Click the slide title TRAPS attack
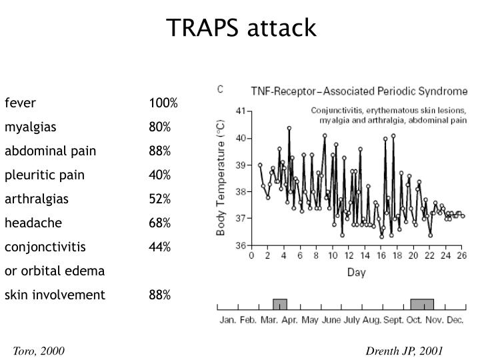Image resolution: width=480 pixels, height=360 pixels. [x=241, y=28]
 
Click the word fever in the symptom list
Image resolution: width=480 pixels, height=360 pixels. [x=20, y=103]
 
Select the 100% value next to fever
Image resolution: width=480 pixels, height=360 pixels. [x=163, y=103]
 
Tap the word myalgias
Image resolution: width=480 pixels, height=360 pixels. [x=31, y=127]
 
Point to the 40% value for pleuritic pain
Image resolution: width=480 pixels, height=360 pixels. [x=160, y=175]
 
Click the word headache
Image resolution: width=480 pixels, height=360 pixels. [x=33, y=223]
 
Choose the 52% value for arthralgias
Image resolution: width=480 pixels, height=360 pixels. [x=160, y=199]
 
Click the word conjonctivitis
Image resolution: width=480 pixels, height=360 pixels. [x=45, y=247]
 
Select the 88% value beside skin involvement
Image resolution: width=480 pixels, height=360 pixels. [x=160, y=295]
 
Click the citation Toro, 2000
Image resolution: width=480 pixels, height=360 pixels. [x=38, y=351]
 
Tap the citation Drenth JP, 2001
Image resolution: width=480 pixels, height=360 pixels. [x=404, y=351]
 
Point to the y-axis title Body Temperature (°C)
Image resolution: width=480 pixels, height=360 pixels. [x=221, y=178]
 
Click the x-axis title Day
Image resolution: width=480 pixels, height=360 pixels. [x=355, y=272]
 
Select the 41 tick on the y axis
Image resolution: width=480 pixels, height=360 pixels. [x=241, y=111]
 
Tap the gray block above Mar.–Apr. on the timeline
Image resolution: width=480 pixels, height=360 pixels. [x=280, y=305]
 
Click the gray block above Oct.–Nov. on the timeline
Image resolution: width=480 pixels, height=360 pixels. [x=422, y=305]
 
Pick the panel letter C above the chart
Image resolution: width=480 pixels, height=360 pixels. [x=220, y=89]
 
